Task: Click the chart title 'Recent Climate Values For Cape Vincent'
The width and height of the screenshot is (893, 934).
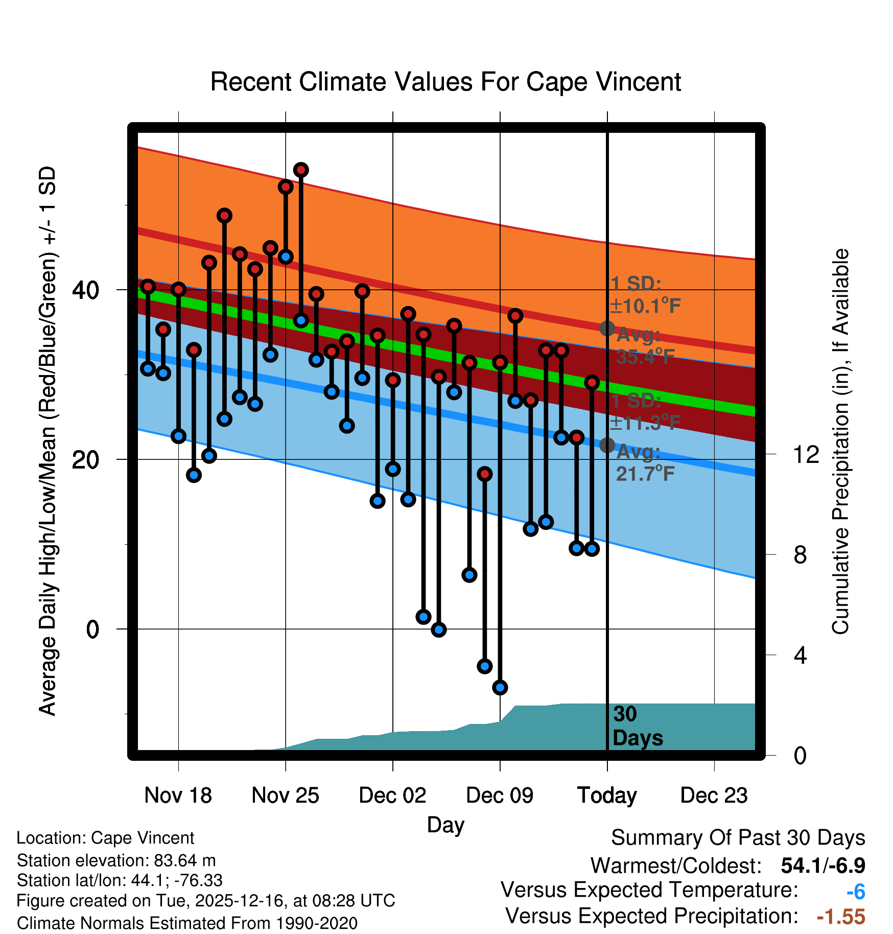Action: coord(445,82)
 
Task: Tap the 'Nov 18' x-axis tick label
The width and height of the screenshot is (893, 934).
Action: coord(178,796)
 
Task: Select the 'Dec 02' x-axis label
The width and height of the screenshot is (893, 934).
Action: coord(392,796)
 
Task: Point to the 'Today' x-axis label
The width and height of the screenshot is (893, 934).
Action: coord(607,796)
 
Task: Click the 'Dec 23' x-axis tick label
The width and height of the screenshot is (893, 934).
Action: coord(714,796)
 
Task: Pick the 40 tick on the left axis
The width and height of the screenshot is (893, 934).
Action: coord(86,290)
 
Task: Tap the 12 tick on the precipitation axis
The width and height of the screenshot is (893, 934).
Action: coord(806,454)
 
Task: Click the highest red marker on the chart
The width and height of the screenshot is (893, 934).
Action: coord(301,170)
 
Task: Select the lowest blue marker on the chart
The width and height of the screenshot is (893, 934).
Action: coord(500,687)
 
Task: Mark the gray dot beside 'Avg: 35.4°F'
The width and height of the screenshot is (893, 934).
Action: coord(607,328)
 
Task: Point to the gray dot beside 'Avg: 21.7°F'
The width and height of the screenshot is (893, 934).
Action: coord(607,445)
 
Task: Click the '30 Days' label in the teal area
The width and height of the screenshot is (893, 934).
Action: coord(637,726)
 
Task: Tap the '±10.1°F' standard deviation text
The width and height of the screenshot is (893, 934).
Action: coord(645,306)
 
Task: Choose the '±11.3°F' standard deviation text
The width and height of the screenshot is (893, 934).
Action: coord(645,423)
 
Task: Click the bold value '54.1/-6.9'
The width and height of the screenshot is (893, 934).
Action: coord(823,866)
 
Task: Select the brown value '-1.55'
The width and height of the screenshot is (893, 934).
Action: coord(841,917)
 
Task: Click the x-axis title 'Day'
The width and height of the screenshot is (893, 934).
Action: coord(445,825)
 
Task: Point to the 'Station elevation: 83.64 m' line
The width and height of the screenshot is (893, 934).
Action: coord(116,860)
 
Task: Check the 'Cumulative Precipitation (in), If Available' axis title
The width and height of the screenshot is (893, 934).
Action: coord(840,441)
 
